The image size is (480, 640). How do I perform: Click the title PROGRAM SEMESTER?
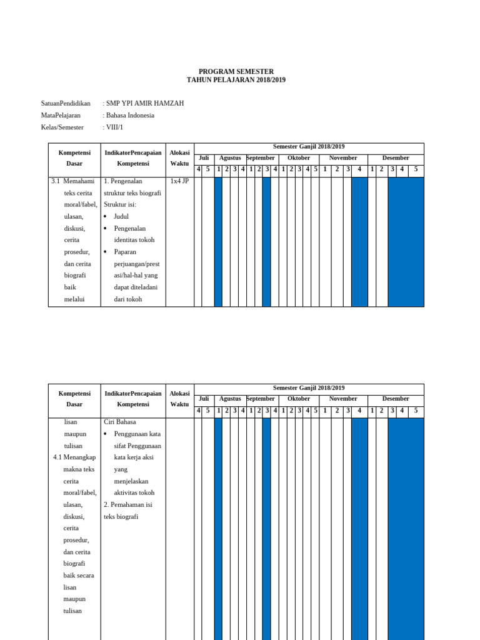[236, 72]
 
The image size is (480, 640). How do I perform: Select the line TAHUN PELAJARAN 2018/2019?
[236, 81]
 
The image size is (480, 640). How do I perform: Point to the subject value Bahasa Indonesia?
[129, 115]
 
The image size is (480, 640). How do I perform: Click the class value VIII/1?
[114, 127]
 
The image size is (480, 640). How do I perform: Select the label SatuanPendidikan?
[66, 103]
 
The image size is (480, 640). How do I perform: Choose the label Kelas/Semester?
[62, 127]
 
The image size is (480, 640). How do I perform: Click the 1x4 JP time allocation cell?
[179, 181]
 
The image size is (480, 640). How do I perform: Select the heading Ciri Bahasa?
[119, 422]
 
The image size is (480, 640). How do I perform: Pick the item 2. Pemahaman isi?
[128, 504]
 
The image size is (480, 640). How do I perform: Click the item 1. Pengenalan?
[128, 181]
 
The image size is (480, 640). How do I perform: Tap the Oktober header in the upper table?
[299, 158]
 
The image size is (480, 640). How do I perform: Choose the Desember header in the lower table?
[396, 399]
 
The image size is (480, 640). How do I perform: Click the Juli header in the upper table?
[204, 158]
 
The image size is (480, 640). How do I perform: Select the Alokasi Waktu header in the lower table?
[179, 399]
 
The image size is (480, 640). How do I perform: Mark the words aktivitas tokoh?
[134, 492]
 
